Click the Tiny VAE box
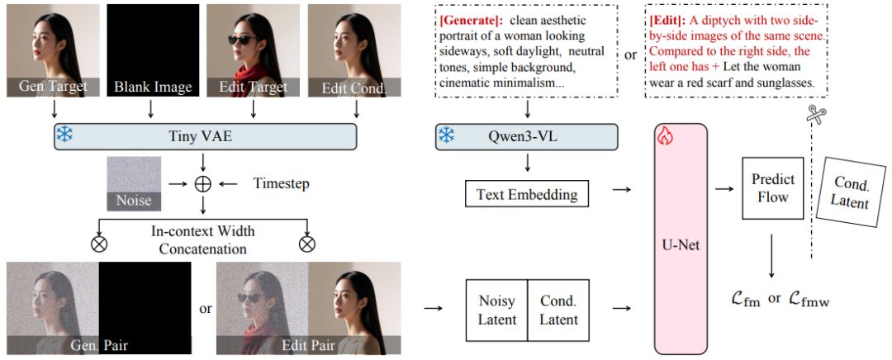coord(204,137)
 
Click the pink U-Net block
coord(681,239)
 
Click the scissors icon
coord(817,116)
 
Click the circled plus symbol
coord(202,183)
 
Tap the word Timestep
coord(281,183)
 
